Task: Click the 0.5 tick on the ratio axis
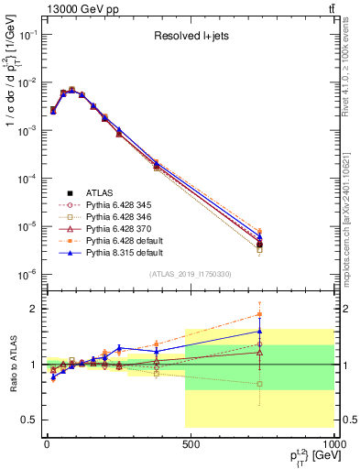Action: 29,420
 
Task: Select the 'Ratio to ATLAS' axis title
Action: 12,364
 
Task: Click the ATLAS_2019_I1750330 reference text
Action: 190,274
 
